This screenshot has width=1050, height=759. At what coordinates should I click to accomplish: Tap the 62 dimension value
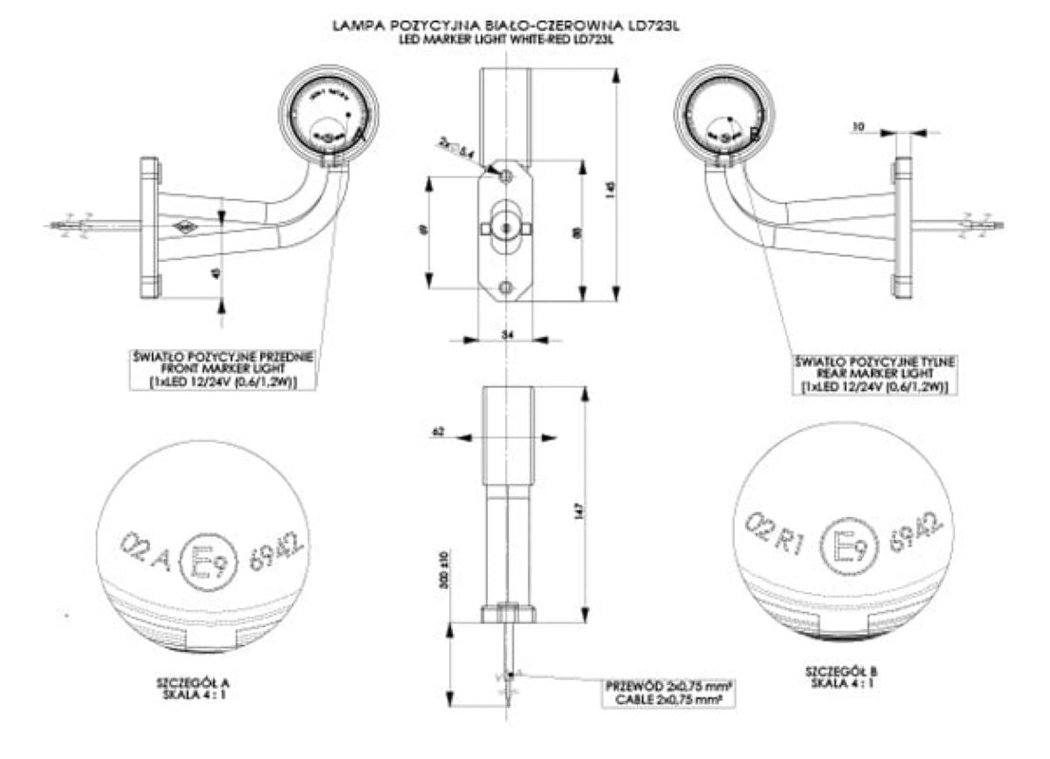[x=438, y=433]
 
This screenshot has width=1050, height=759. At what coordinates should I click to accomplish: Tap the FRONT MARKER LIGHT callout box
[x=224, y=370]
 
